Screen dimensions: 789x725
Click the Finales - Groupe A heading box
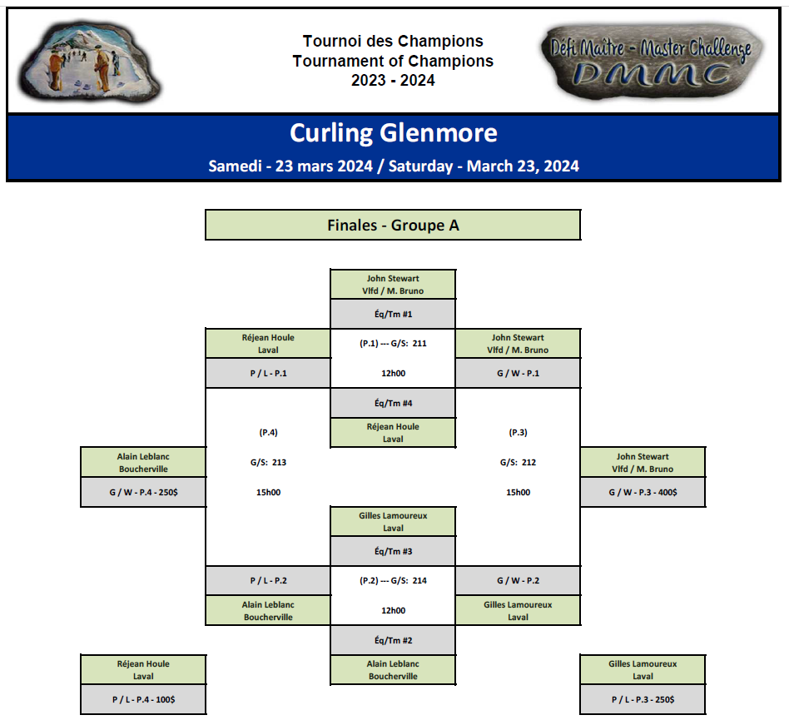point(393,225)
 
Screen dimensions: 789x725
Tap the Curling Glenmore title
point(394,133)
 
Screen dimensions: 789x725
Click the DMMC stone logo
point(653,62)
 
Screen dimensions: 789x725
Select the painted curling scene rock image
point(90,62)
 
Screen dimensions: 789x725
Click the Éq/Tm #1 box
point(393,314)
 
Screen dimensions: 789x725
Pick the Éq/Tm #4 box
point(393,403)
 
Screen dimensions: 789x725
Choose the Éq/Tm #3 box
point(393,551)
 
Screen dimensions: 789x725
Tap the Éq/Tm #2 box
point(393,640)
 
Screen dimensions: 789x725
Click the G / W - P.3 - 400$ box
point(643,492)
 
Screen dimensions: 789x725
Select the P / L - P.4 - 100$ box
point(143,699)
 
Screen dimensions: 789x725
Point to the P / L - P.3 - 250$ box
point(643,699)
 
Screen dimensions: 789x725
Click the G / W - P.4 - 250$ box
point(143,492)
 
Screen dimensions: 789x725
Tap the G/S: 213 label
point(268,462)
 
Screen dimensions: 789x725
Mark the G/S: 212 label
point(518,462)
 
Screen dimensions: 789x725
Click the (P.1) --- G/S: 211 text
point(393,344)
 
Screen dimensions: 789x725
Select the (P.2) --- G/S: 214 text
point(393,581)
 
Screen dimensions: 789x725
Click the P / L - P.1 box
point(268,373)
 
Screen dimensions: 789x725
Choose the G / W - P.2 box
point(518,581)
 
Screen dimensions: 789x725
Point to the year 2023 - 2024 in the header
point(393,81)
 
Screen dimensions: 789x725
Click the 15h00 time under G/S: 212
point(518,492)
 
